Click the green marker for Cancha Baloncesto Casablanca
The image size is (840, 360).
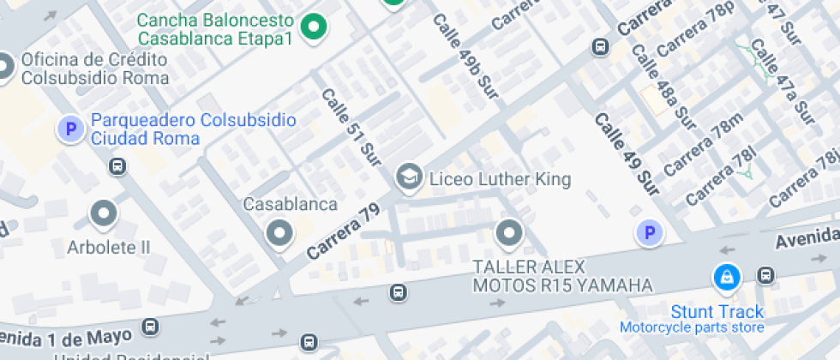(x=315, y=27)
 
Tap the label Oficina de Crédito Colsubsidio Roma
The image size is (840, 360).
(x=94, y=69)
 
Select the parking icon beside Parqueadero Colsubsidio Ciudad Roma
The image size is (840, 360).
(x=69, y=129)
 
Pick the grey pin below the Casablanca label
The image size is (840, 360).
(x=279, y=232)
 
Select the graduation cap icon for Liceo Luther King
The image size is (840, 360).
(x=408, y=178)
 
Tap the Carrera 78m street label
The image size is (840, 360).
(x=702, y=146)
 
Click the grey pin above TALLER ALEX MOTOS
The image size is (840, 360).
(x=509, y=232)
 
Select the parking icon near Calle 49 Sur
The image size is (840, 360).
(x=649, y=232)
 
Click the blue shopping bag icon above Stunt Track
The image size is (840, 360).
(x=726, y=277)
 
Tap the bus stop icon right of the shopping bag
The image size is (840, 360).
(x=765, y=275)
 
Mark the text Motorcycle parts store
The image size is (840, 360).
(x=692, y=327)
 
